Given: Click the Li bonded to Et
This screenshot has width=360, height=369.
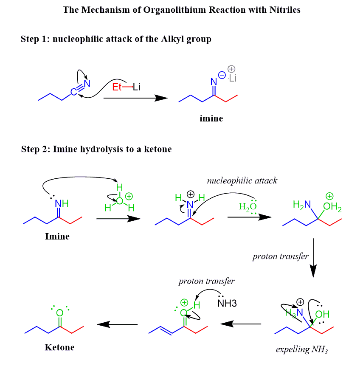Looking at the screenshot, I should coord(136,87).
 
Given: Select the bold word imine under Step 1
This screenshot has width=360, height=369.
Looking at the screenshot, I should coord(211,118).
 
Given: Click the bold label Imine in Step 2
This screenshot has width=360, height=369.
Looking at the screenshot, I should coord(57,237).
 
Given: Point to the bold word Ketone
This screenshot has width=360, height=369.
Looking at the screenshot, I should coord(59,347).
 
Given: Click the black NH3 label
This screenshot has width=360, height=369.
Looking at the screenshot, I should coord(227,304).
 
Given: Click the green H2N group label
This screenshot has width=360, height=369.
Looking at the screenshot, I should coord(301,205).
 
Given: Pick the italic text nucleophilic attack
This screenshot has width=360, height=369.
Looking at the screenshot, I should coord(242,181).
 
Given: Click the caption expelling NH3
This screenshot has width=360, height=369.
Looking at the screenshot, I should coord(302,350).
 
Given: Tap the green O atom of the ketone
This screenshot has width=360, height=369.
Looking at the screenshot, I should coord(59,313).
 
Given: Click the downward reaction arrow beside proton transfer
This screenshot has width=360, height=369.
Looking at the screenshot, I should coord(313,257).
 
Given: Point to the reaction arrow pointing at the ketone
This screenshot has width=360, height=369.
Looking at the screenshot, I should coord(117,324).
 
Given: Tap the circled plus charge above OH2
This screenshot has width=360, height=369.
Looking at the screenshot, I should coord(329,196).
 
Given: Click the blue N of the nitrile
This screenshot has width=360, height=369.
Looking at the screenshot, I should coord(87,83).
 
